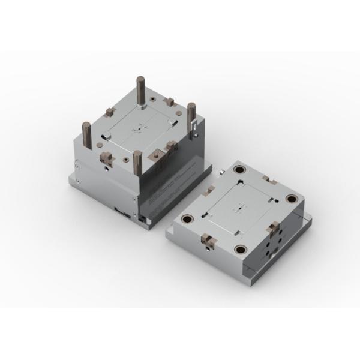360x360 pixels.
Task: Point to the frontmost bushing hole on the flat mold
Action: (242, 248)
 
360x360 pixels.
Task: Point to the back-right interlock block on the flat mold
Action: (268, 179)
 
